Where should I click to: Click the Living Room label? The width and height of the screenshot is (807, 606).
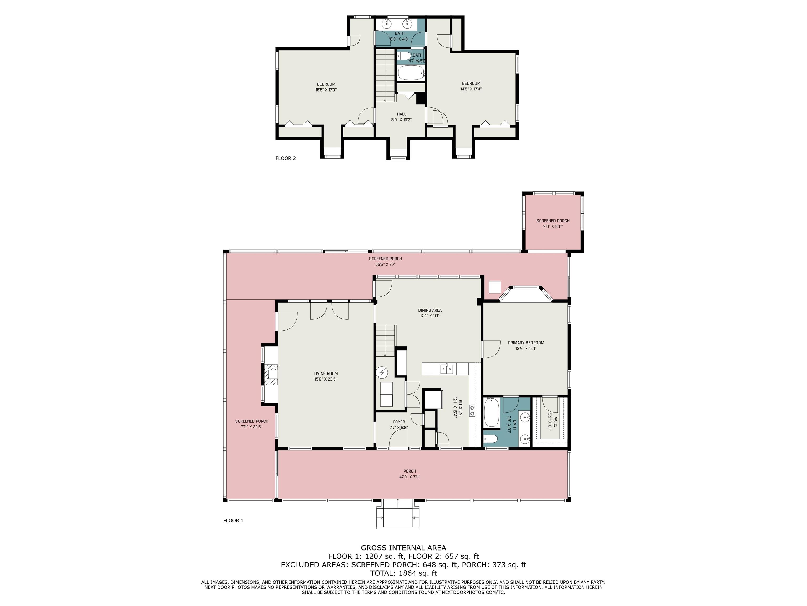pos(325,373)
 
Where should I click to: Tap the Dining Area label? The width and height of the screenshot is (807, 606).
pos(430,310)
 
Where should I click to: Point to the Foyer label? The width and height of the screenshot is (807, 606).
pos(399,422)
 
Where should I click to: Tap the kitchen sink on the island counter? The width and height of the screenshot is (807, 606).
pos(447,369)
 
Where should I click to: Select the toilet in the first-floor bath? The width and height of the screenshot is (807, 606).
pos(490,439)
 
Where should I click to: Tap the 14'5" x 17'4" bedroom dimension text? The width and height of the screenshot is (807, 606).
pos(471,89)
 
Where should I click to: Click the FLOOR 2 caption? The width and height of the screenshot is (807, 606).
pos(286,158)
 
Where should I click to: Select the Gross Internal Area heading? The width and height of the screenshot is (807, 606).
pos(403,548)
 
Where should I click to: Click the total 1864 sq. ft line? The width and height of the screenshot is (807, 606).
pos(403,573)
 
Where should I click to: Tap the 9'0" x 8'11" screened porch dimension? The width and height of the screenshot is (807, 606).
pos(553,226)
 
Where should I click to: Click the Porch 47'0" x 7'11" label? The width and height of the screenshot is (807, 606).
pos(410,474)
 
